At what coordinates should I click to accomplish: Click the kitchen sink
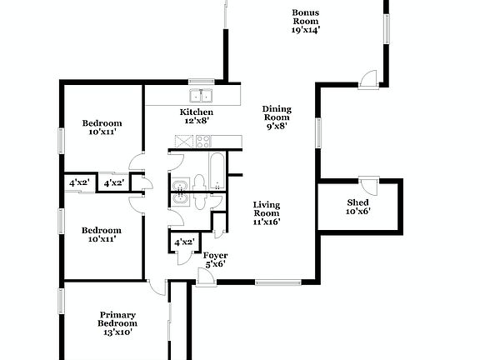[201, 96]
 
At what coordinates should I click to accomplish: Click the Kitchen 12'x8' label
[197, 116]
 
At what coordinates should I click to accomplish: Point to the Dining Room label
[277, 113]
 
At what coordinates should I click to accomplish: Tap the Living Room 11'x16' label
[267, 212]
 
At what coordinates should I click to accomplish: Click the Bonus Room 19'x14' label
[306, 21]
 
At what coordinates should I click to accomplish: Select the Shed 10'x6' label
[358, 207]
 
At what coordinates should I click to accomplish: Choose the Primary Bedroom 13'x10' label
[117, 323]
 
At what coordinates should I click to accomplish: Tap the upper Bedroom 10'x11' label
[102, 127]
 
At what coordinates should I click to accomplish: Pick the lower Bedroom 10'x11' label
[102, 234]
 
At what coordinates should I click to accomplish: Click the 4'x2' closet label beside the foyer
[184, 242]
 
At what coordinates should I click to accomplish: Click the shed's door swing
[367, 182]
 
